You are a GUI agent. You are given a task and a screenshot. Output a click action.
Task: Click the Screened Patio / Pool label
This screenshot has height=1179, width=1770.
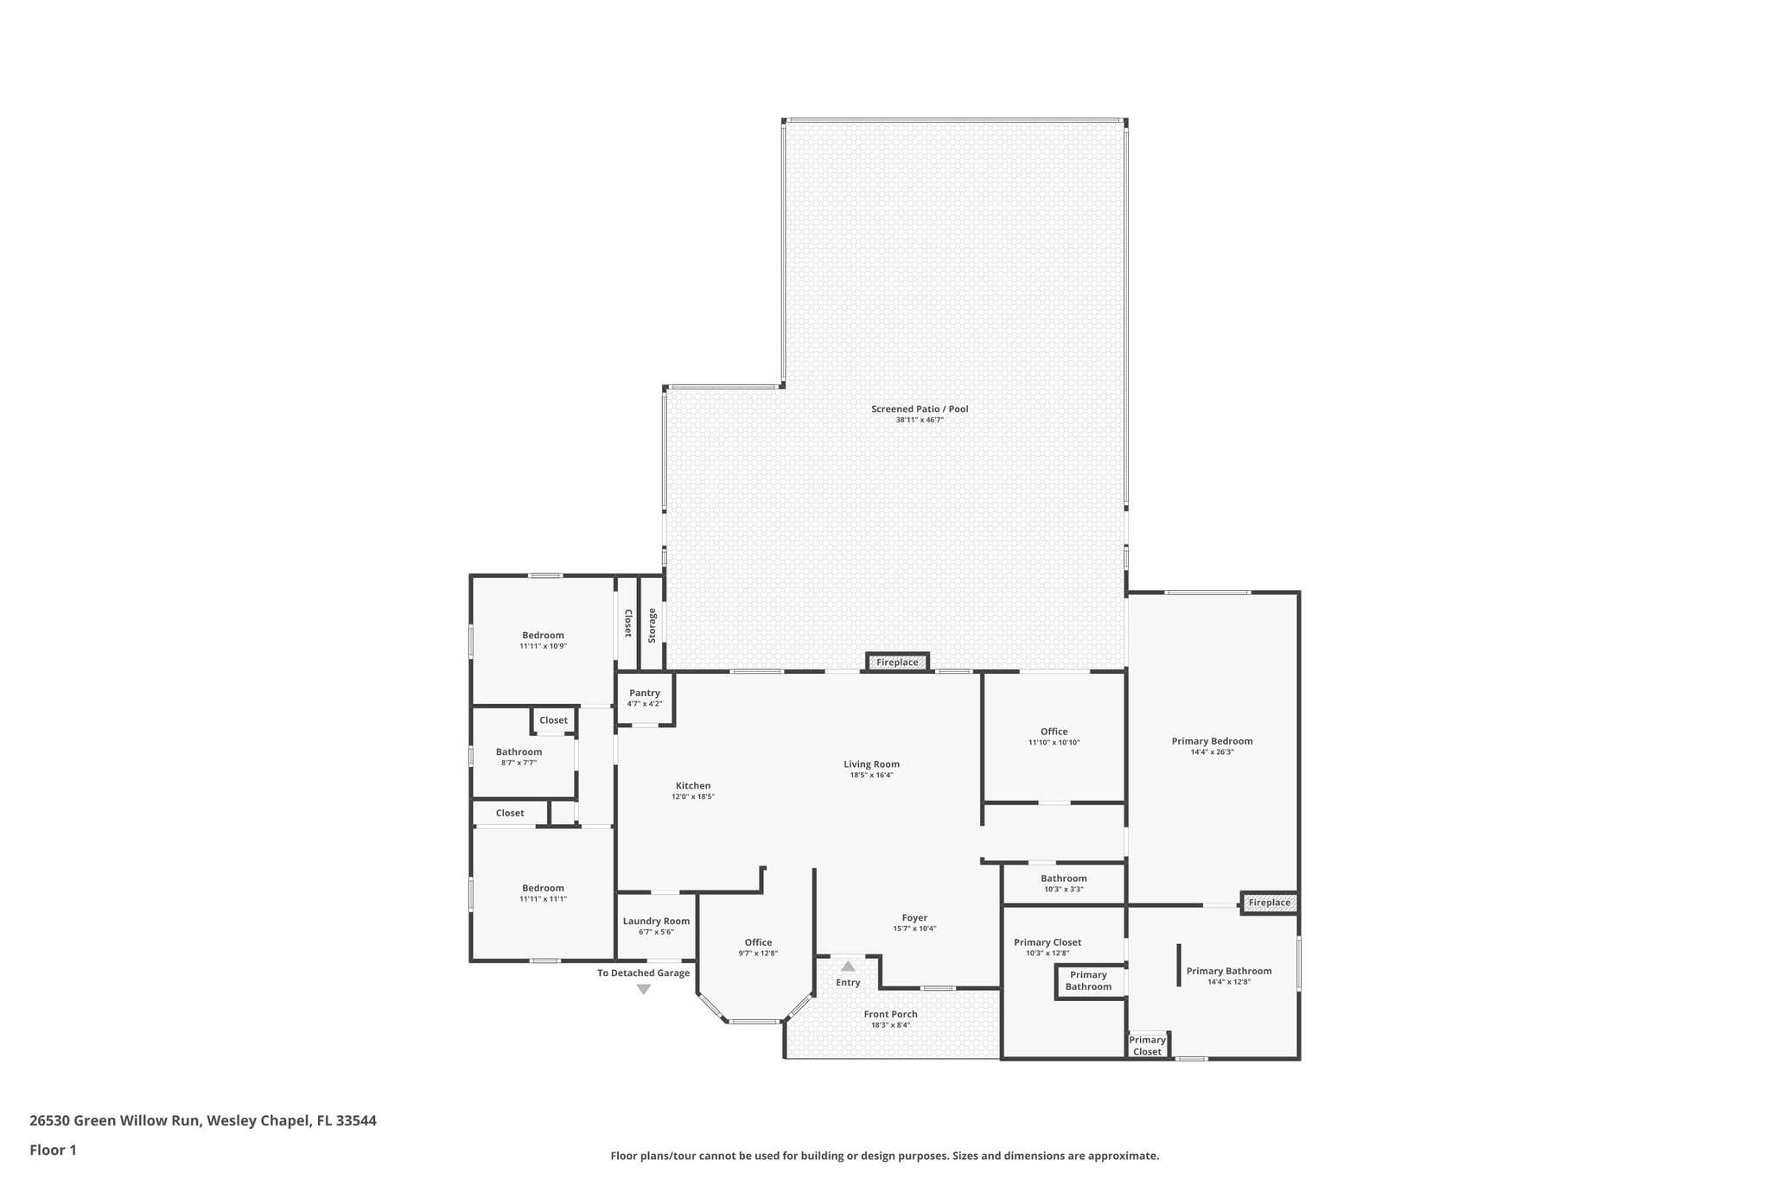click(920, 409)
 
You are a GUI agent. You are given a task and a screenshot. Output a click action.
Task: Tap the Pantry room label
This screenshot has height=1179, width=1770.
click(645, 693)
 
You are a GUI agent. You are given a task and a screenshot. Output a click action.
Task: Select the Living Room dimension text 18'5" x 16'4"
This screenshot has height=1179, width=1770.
click(871, 776)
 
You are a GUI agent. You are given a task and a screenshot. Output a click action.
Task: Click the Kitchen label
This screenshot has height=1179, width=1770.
click(693, 786)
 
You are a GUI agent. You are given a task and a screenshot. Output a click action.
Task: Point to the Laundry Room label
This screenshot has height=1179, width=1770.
click(657, 922)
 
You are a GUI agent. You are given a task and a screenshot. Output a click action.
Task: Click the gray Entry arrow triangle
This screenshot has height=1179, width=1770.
click(848, 967)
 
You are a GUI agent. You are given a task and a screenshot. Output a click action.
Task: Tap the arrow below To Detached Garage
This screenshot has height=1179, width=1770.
click(644, 990)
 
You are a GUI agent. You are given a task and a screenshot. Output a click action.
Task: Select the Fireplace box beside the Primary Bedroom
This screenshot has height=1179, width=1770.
click(1270, 903)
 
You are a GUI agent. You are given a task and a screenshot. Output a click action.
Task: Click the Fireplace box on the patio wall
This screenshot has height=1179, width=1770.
click(897, 662)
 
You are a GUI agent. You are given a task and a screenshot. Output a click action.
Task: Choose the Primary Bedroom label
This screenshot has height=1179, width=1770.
click(1212, 741)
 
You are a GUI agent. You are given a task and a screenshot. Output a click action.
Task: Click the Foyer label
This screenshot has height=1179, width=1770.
click(914, 918)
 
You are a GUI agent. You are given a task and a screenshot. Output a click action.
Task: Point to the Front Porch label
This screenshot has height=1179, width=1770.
click(890, 1014)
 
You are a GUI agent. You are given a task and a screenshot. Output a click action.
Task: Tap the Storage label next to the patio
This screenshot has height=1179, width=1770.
click(653, 625)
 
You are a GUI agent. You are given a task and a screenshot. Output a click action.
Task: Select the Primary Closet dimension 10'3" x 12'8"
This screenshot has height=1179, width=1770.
click(1047, 954)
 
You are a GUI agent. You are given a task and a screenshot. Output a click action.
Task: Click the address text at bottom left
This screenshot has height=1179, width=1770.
click(203, 1121)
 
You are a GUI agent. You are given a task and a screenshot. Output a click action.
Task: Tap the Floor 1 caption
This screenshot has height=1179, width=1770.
click(54, 1150)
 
